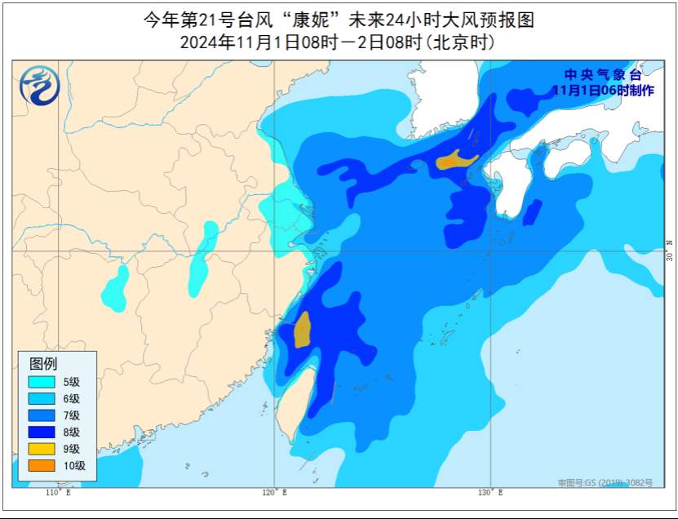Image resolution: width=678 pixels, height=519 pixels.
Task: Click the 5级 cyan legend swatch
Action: click(41, 381)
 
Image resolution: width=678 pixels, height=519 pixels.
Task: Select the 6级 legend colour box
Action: click(41, 398)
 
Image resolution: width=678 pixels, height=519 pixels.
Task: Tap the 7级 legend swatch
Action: click(41, 415)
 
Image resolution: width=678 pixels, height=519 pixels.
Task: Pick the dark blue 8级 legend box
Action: click(41, 432)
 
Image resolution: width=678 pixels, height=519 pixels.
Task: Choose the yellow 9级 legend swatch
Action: click(41, 449)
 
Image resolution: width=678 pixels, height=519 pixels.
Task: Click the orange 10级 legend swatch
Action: click(41, 465)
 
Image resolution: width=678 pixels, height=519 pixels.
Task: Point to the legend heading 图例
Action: click(43, 363)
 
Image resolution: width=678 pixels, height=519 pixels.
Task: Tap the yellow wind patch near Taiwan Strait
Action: click(302, 330)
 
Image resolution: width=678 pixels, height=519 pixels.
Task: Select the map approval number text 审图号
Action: click(605, 483)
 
